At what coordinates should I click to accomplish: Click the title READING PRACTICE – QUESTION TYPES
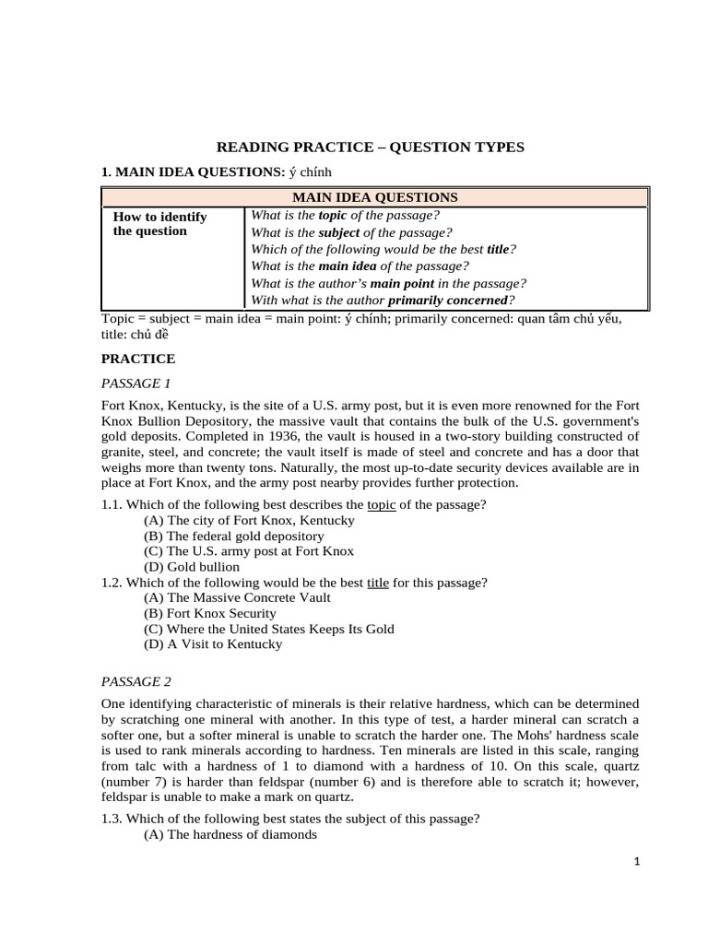click(x=370, y=147)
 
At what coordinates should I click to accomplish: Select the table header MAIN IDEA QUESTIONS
click(x=374, y=197)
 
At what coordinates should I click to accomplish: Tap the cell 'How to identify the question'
click(x=159, y=224)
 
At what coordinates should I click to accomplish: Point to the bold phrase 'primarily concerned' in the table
click(x=448, y=300)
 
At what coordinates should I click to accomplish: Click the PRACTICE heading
click(x=137, y=359)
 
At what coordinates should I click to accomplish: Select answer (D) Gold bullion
click(x=192, y=567)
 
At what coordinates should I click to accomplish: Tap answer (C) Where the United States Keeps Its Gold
click(x=268, y=629)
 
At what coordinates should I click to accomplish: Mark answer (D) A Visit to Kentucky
click(x=213, y=644)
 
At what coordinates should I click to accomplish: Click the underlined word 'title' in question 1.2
click(x=378, y=583)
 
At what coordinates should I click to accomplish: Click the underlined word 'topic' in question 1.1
click(x=381, y=504)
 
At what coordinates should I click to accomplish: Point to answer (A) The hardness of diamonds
click(x=230, y=834)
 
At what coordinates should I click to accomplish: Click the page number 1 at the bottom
click(x=636, y=862)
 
